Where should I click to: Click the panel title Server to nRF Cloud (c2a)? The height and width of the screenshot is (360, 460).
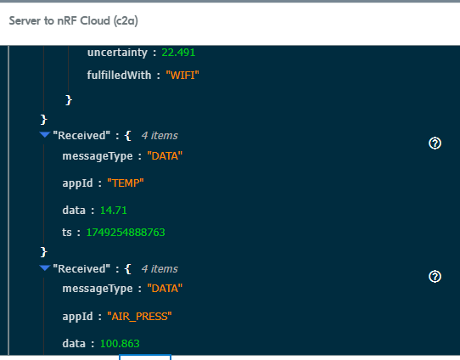73,21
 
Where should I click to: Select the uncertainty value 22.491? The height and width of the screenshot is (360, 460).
178,53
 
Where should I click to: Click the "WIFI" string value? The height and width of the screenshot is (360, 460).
182,76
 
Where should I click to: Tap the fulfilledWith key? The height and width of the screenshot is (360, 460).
119,75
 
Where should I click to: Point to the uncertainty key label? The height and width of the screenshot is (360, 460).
117,53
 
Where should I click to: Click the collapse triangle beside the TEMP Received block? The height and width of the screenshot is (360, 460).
45,135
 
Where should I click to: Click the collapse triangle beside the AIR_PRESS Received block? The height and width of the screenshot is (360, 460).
45,267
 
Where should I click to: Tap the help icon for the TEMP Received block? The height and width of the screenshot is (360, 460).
435,143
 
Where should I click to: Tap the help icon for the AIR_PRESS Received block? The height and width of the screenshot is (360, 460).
435,277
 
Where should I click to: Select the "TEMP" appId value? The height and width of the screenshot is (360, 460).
126,183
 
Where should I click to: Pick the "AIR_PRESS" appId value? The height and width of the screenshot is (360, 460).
139,317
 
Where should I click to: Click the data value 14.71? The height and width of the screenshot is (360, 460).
114,210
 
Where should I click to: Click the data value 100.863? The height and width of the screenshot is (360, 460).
120,343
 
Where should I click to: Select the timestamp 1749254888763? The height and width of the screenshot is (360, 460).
126,233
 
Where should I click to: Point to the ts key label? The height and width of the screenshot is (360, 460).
67,233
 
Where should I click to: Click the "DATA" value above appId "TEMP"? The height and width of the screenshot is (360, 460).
165,155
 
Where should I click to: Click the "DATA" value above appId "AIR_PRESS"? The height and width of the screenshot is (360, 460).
165,289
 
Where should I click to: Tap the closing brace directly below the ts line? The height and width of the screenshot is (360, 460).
44,251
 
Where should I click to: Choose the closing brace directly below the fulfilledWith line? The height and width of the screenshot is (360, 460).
69,99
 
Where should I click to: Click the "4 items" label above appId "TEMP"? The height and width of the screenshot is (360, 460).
160,136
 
